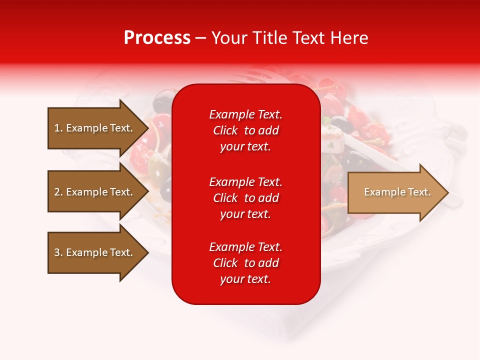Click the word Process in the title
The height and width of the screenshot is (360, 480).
(x=157, y=37)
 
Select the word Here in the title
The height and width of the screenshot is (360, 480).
(x=349, y=37)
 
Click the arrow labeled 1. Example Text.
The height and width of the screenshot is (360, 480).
(x=98, y=128)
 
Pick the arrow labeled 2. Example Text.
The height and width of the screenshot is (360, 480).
(x=98, y=191)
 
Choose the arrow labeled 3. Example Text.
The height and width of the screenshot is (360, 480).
(x=98, y=252)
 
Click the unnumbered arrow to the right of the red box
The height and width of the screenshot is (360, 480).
(x=398, y=192)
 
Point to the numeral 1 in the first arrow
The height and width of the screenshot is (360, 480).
(x=57, y=128)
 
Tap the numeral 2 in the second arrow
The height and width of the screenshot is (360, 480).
(x=57, y=192)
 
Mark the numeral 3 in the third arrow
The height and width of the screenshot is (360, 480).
(x=57, y=252)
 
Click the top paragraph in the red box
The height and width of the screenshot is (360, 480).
(x=246, y=130)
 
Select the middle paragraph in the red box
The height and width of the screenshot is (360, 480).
(x=246, y=198)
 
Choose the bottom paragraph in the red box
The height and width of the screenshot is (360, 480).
(x=246, y=263)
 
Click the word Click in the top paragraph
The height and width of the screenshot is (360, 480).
(x=225, y=130)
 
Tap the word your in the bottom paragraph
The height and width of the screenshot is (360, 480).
(x=231, y=279)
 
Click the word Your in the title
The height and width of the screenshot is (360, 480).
(x=229, y=37)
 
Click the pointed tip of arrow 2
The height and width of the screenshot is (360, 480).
(x=149, y=191)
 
